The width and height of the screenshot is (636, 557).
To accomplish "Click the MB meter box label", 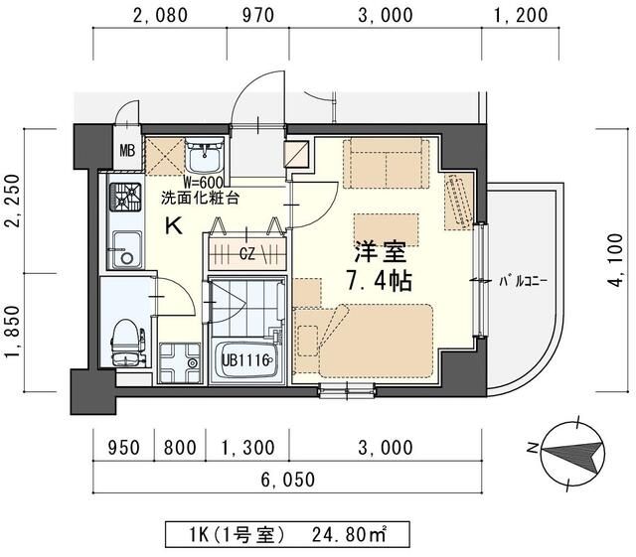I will point(127,152).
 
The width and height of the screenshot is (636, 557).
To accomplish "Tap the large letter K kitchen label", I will point(172,226).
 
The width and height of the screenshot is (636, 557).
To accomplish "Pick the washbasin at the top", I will point(209,156).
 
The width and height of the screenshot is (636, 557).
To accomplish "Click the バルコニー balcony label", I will point(524,281).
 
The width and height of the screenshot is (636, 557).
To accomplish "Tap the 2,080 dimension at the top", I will point(159,14).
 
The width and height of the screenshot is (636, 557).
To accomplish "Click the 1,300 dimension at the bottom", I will point(248,449).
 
